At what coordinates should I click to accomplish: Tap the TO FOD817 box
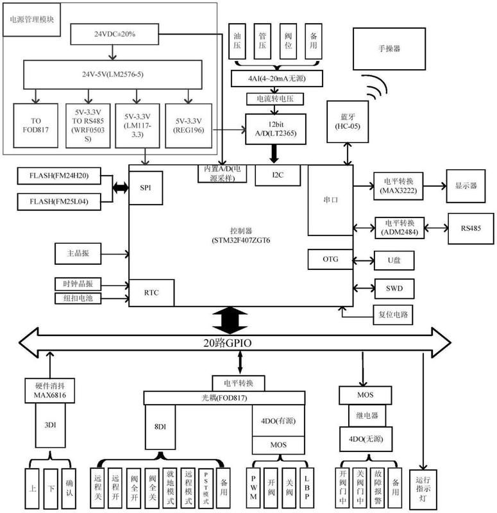pos(35,124)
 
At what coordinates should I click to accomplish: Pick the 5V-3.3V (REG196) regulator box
pos(188,124)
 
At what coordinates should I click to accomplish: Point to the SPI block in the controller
pos(145,187)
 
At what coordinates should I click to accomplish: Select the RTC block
pos(152,292)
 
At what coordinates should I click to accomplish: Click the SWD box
pos(394,288)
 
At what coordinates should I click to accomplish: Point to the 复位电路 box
pos(393,314)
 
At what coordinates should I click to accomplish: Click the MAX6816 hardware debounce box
pos(47,391)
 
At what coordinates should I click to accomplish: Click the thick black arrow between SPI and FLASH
pos(120,187)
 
